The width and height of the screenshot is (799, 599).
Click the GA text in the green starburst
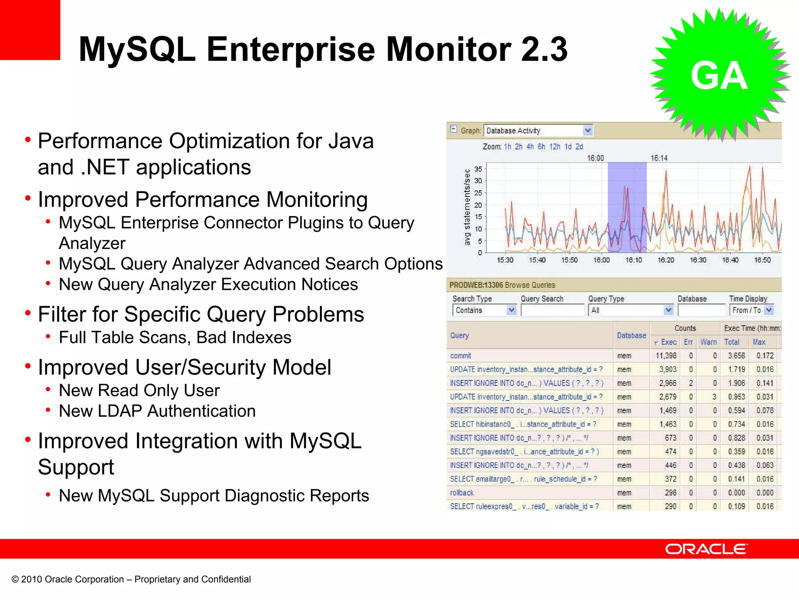[x=719, y=76]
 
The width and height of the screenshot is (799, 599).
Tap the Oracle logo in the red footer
[x=707, y=549]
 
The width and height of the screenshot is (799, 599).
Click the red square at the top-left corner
[x=30, y=30]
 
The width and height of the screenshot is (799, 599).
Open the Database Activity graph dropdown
[x=588, y=131]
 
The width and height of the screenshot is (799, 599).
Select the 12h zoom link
[x=554, y=147]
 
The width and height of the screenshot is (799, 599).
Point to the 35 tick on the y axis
[x=478, y=169]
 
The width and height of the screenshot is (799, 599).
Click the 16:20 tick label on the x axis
[x=666, y=260]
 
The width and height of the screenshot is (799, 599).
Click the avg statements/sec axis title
[x=467, y=207]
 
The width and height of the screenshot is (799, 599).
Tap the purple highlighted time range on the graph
[x=627, y=207]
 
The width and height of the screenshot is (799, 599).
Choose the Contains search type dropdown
[x=484, y=310]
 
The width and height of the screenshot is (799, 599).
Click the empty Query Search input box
[x=552, y=310]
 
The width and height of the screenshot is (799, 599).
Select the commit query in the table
[x=460, y=356]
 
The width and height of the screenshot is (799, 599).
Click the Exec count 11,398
[x=666, y=356]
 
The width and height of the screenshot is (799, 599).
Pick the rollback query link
[x=462, y=493]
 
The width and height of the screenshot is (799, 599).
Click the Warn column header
[x=708, y=342]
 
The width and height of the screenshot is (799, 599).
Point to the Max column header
[x=759, y=342]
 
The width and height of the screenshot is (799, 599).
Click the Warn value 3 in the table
[x=714, y=397]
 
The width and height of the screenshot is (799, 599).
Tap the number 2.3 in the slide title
[x=544, y=49]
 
